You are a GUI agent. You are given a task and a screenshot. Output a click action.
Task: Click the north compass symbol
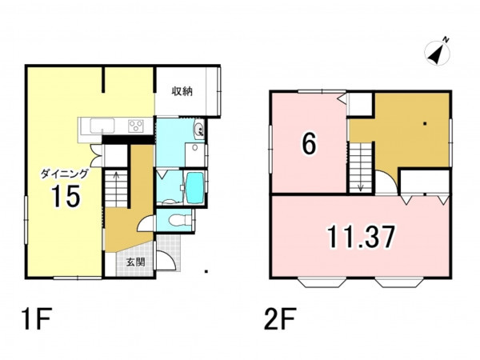(x=437, y=53)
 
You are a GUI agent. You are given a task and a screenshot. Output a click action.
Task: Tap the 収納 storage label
(x=182, y=91)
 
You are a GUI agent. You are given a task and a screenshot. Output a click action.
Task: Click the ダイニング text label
(x=65, y=174)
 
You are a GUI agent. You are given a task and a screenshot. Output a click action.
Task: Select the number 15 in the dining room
(x=66, y=196)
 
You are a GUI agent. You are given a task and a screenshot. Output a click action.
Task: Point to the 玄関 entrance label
(x=135, y=262)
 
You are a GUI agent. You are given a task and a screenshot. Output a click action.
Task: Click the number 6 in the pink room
(x=309, y=144)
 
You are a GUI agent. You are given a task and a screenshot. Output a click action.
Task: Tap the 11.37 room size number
(x=361, y=236)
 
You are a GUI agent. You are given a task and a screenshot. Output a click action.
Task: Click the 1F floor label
(x=36, y=318)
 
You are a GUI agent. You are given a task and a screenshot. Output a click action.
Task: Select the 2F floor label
(x=279, y=318)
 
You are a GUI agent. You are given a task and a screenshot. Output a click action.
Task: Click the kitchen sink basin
(x=102, y=126)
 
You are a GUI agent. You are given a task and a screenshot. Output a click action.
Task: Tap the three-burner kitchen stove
(x=136, y=126)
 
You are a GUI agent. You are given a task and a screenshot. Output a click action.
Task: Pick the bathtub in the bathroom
(x=194, y=188)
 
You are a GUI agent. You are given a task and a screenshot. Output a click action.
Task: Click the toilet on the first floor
(x=179, y=219)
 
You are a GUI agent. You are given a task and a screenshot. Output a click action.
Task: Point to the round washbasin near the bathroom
(x=199, y=129)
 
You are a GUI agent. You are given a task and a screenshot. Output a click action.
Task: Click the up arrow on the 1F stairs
(x=116, y=175)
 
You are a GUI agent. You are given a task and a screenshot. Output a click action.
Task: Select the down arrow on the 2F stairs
(x=360, y=187)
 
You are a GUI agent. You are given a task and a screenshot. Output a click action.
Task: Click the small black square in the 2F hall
(x=425, y=124)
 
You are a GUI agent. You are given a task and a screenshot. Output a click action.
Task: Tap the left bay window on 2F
(x=322, y=282)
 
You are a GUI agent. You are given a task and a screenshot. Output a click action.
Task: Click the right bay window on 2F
(x=400, y=282)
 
